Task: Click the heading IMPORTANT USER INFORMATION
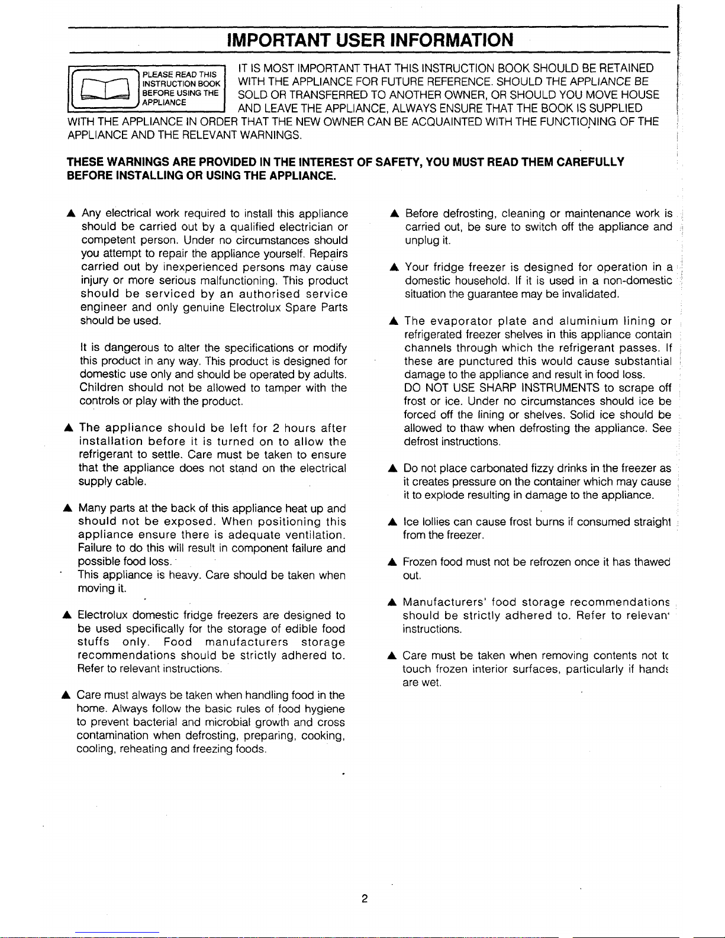pos(370,40)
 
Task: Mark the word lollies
pos(435,522)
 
